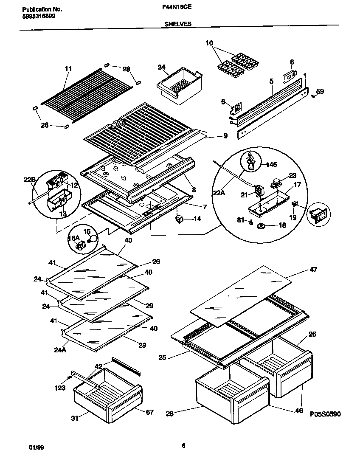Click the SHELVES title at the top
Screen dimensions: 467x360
(177, 25)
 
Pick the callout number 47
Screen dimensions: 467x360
(313, 270)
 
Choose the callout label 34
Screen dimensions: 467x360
(161, 67)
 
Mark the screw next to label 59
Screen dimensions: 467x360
(312, 96)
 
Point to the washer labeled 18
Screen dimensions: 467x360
(261, 226)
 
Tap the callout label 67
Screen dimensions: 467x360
(150, 412)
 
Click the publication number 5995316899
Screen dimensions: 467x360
(38, 16)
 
